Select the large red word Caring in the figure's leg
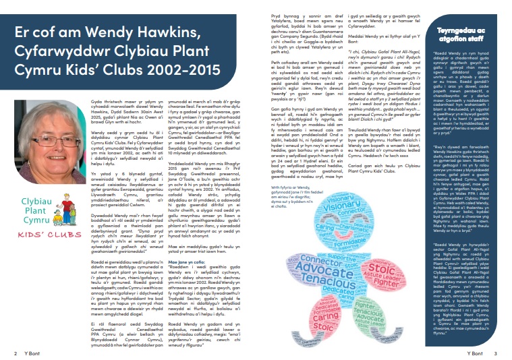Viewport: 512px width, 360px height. click(x=320, y=316)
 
